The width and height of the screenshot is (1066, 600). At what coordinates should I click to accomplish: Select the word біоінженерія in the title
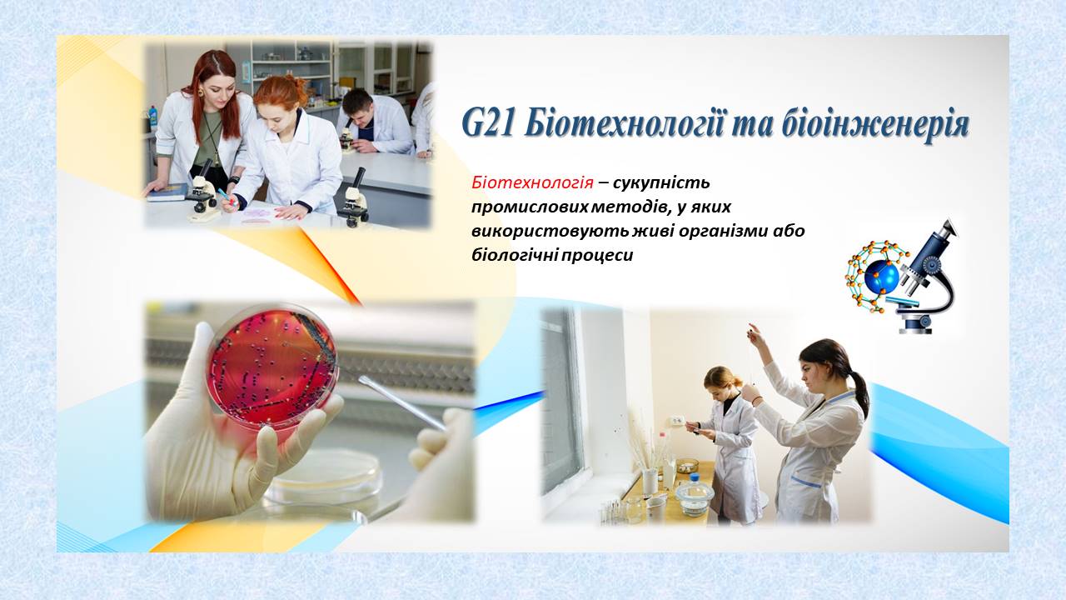pos(873,126)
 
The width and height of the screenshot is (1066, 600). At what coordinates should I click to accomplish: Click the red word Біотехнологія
pos(532,182)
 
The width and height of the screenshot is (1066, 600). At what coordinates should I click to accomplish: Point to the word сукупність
pos(661,182)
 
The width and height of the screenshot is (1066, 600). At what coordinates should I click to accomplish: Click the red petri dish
pos(271,368)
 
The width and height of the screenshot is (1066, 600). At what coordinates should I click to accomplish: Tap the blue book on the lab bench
pos(167,192)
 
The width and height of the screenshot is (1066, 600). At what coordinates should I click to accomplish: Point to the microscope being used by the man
pos(349,135)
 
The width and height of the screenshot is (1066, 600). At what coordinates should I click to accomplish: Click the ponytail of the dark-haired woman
pos(858,391)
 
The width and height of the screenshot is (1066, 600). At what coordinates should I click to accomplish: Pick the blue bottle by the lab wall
pos(152,118)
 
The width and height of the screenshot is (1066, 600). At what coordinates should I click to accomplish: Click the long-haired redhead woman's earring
pos(202,92)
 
